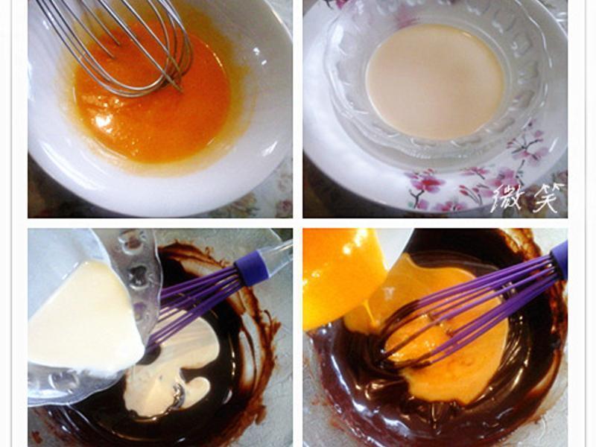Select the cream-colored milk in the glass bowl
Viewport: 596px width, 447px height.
click(435, 82)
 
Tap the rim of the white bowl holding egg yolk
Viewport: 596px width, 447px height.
click(159, 197)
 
